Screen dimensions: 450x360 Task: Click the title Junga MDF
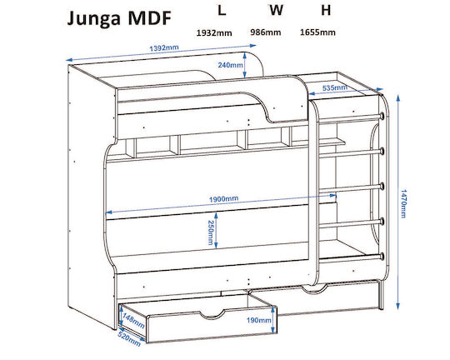pyautogui.click(x=119, y=19)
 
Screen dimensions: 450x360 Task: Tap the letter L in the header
pyautogui.click(x=222, y=10)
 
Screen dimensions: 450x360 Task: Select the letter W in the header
pyautogui.click(x=276, y=10)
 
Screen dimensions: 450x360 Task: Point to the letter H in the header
pyautogui.click(x=326, y=10)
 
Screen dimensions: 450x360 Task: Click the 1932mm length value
pyautogui.click(x=214, y=33)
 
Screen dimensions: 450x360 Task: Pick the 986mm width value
pyautogui.click(x=266, y=32)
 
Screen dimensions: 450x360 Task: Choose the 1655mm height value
pyautogui.click(x=317, y=32)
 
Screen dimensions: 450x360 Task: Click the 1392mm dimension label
pyautogui.click(x=164, y=47)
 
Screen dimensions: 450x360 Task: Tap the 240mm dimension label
pyautogui.click(x=230, y=65)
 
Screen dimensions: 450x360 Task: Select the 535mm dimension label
pyautogui.click(x=335, y=87)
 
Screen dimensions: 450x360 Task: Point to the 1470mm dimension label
pyautogui.click(x=403, y=203)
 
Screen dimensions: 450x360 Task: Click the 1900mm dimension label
pyautogui.click(x=223, y=198)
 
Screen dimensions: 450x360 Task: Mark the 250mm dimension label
pyautogui.click(x=210, y=232)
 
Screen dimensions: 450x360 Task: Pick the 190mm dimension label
pyautogui.click(x=259, y=320)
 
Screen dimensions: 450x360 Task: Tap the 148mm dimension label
pyautogui.click(x=133, y=320)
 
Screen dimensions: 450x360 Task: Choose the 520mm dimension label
pyautogui.click(x=129, y=339)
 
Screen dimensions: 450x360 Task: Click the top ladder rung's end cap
pyautogui.click(x=382, y=116)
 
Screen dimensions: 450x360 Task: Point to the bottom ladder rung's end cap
pyautogui.click(x=382, y=257)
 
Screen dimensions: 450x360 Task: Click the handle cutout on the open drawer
pyautogui.click(x=212, y=314)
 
